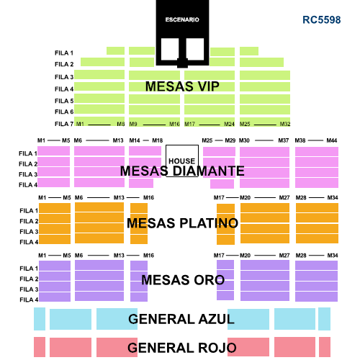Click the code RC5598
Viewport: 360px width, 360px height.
click(x=322, y=20)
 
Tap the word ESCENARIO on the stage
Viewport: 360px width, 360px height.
click(x=182, y=19)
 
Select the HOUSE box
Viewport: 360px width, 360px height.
click(x=182, y=161)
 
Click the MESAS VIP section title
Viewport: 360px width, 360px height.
click(x=182, y=86)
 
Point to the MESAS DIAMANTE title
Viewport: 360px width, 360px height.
click(x=182, y=171)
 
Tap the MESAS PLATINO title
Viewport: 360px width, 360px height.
click(x=182, y=223)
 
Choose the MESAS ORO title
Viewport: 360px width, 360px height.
click(x=183, y=280)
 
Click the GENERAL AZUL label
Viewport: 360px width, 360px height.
click(x=181, y=319)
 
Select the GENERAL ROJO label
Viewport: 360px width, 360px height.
click(x=182, y=348)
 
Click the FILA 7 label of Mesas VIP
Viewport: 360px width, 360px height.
click(x=64, y=124)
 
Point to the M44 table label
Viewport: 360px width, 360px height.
click(x=332, y=140)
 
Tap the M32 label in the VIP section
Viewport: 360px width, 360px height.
click(x=285, y=124)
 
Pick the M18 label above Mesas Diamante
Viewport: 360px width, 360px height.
click(x=158, y=140)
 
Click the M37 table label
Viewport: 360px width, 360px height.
click(x=284, y=140)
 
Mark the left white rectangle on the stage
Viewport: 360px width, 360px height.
click(x=170, y=49)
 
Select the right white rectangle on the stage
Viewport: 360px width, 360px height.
click(x=195, y=49)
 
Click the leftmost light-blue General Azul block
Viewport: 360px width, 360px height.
click(x=40, y=319)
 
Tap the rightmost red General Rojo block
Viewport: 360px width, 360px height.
click(x=325, y=347)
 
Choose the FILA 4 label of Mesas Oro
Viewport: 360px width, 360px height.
click(x=29, y=300)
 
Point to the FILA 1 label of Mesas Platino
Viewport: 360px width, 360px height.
click(x=29, y=211)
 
